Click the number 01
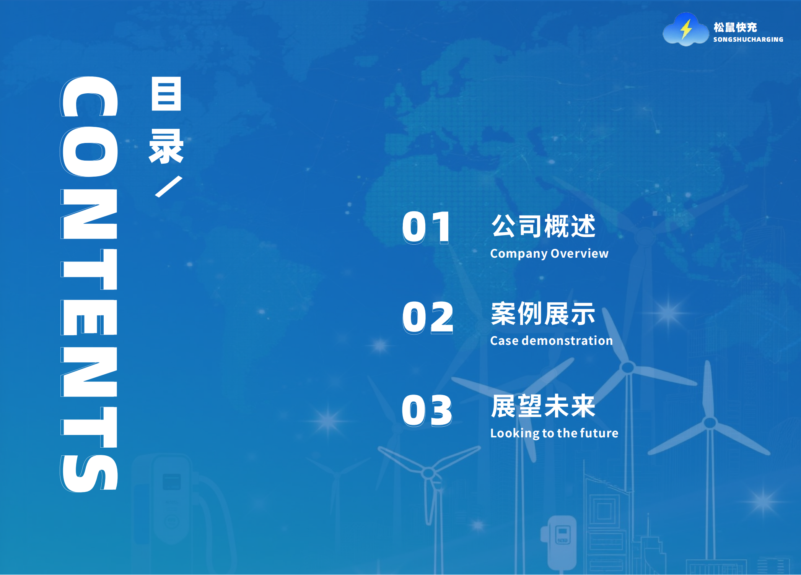(x=427, y=227)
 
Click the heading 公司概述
(x=543, y=226)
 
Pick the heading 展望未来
(x=543, y=406)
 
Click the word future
(x=599, y=433)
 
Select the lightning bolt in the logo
(x=686, y=29)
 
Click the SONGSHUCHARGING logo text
(x=748, y=39)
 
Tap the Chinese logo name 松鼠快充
(x=735, y=27)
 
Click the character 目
(x=166, y=94)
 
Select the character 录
(x=166, y=146)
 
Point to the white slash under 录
(x=168, y=187)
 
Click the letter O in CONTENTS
(x=89, y=152)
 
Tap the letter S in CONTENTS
(x=89, y=473)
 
